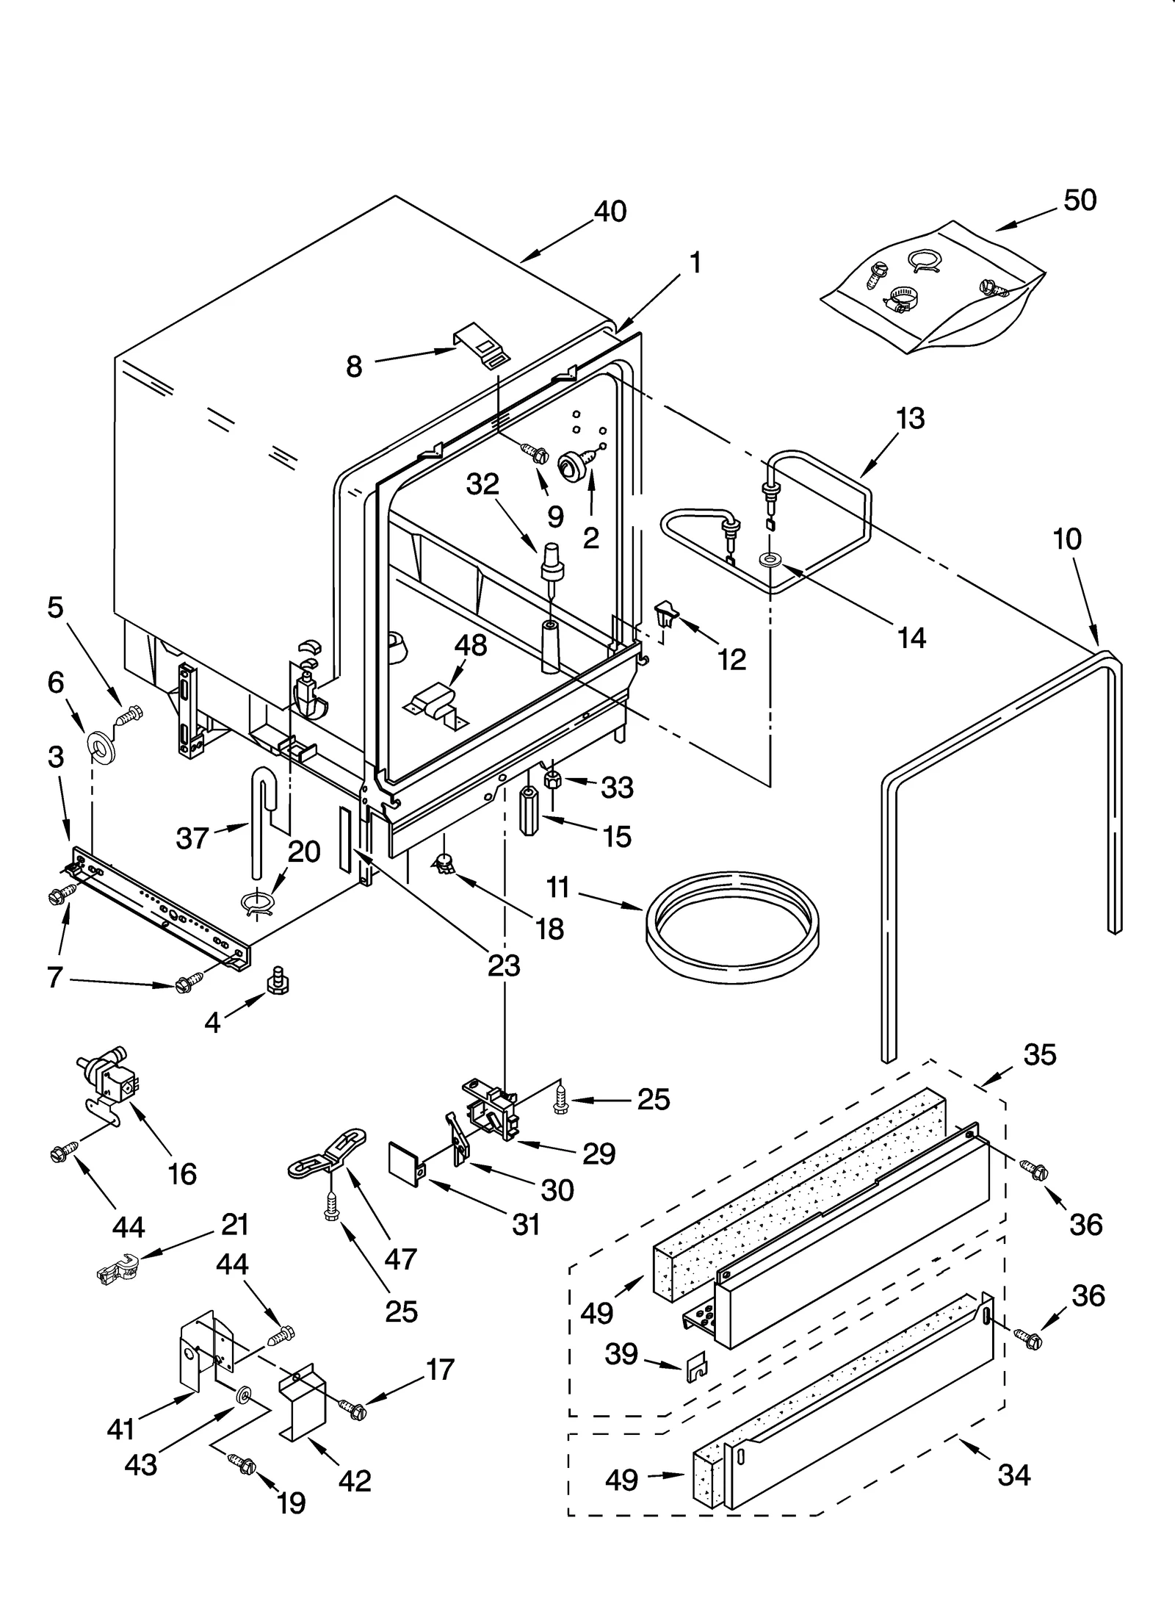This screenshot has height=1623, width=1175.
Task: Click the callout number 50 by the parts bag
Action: click(x=1080, y=200)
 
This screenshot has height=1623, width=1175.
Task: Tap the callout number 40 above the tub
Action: click(x=610, y=212)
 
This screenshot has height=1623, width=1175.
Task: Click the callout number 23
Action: click(x=504, y=965)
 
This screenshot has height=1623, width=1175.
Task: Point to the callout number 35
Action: click(x=1039, y=1054)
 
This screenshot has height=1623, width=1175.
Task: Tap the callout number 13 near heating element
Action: click(x=910, y=419)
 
